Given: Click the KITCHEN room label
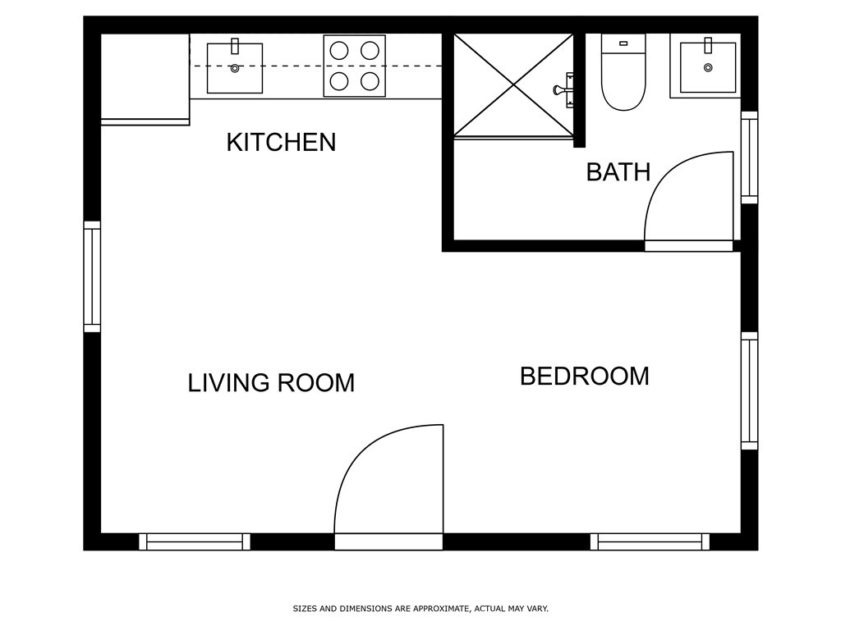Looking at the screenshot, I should tap(281, 142).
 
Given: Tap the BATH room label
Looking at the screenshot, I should tap(618, 172).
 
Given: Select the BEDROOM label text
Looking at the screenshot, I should tap(584, 377).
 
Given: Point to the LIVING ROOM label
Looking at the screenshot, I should tap(271, 383).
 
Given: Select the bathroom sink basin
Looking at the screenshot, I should tap(708, 67).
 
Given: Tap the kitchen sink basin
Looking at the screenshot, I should tap(235, 68).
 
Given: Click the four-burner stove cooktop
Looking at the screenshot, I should tap(355, 66).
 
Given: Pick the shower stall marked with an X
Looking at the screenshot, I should tap(513, 84).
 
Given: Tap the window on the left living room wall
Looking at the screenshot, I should tap(92, 277).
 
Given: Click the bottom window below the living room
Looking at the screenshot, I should tap(195, 541).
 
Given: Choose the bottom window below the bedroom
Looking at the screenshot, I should tap(650, 541).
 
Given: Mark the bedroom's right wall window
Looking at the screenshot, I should tap(749, 390).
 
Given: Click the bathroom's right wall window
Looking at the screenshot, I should tap(749, 157).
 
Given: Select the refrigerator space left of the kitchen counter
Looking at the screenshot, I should tap(145, 76).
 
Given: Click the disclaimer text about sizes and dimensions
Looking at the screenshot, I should tap(420, 609).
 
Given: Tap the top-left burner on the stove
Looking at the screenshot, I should tap(338, 50).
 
